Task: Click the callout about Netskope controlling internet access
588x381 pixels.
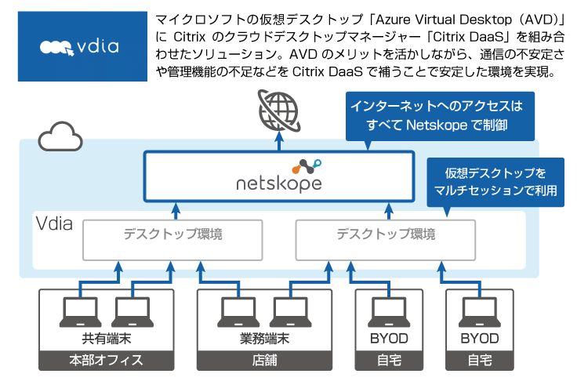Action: pos(436,113)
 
